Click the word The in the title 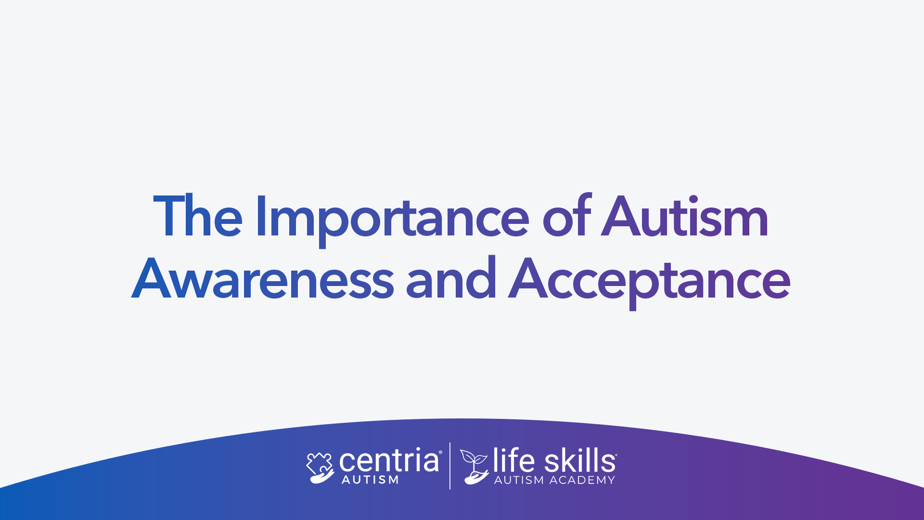(x=198, y=217)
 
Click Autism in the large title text (x=685, y=216)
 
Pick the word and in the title (x=451, y=277)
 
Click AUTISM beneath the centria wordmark (x=370, y=480)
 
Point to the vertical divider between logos (x=450, y=466)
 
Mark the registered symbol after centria (x=440, y=452)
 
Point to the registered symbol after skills (x=616, y=455)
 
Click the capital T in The (x=168, y=216)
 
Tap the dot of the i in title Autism (x=693, y=199)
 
